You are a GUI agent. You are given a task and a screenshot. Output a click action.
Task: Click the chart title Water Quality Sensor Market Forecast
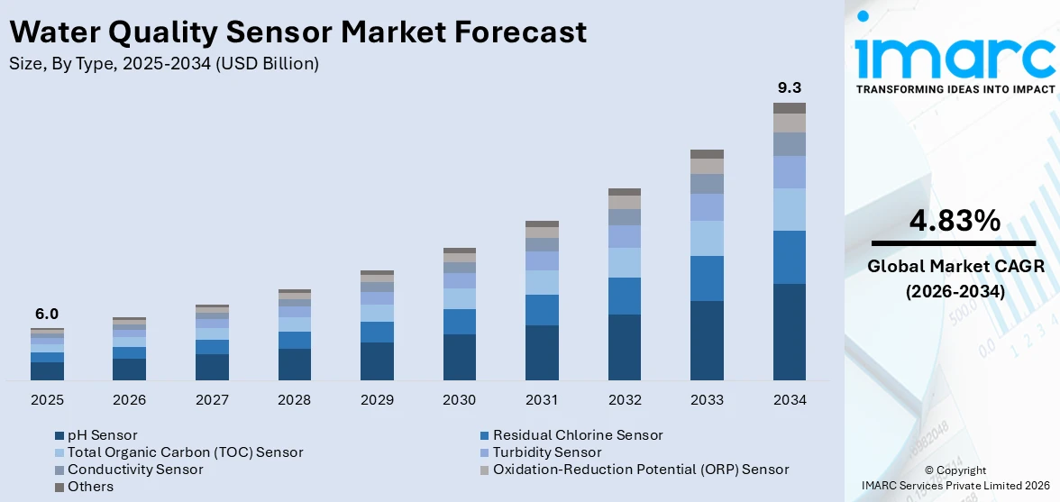297,32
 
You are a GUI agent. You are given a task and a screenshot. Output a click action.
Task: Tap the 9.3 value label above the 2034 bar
789,88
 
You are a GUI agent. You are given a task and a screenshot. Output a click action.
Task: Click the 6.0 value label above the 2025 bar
46,315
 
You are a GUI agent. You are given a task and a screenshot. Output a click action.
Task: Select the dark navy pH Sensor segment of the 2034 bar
789,332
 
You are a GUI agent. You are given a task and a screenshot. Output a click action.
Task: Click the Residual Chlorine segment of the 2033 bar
707,278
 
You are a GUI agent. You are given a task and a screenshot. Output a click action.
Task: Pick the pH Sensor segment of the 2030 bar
459,357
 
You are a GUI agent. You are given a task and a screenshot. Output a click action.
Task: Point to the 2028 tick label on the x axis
294,399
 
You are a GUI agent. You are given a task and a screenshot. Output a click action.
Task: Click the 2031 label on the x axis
542,399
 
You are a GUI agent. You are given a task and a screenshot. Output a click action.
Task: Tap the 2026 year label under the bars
129,399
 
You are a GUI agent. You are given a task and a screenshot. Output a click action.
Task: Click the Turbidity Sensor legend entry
546,452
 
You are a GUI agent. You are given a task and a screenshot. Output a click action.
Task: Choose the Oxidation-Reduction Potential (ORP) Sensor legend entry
640,470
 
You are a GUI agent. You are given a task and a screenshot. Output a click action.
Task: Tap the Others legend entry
90,487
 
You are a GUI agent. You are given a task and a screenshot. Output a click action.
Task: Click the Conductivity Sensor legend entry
122,470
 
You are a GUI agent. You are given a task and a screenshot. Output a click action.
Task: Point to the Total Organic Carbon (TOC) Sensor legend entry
185,452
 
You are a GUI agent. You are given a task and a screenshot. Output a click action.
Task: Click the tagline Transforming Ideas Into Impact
955,89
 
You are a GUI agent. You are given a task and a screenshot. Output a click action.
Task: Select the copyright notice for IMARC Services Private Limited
955,478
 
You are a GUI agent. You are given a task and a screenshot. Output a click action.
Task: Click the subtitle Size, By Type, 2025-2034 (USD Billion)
163,64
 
